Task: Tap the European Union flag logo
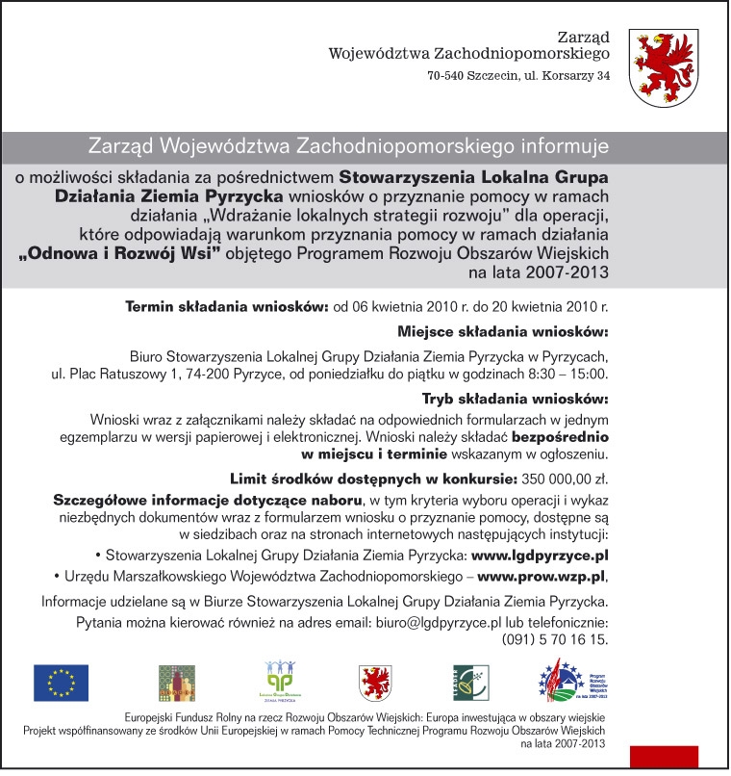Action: point(61,683)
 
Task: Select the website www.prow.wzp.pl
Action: point(542,577)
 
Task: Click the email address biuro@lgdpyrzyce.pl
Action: point(440,623)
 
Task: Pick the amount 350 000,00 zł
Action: point(567,478)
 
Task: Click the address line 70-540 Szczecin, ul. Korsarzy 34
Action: point(519,77)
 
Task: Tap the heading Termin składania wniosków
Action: point(228,308)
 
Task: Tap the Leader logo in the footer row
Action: point(471,683)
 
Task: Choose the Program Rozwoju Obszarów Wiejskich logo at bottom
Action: point(570,681)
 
